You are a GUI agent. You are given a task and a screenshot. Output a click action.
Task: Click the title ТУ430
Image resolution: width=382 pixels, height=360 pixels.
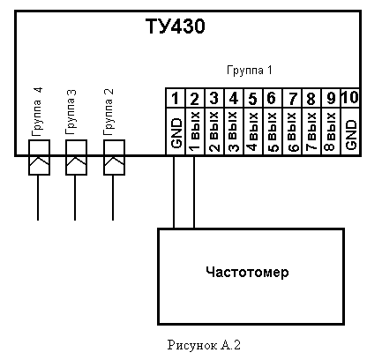(x=176, y=26)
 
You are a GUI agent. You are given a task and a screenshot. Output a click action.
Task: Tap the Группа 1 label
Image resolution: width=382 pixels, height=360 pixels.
(x=250, y=71)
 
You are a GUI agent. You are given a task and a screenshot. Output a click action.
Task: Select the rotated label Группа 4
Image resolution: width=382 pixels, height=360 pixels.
(x=37, y=112)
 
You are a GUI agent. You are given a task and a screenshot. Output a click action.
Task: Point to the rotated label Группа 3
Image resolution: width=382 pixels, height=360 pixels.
(x=71, y=112)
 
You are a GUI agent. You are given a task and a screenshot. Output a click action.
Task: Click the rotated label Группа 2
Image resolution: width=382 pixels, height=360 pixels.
(x=109, y=112)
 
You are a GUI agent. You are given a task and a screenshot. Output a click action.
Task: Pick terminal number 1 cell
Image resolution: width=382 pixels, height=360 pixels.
(x=176, y=98)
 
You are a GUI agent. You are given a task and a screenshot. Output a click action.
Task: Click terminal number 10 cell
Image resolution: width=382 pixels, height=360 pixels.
(x=350, y=98)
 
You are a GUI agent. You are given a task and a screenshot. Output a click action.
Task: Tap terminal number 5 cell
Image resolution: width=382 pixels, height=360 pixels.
(x=253, y=98)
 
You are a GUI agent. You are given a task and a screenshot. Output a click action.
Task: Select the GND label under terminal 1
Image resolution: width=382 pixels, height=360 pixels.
(x=176, y=133)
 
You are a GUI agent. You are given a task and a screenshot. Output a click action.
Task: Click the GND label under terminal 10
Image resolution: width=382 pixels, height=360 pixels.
(x=351, y=135)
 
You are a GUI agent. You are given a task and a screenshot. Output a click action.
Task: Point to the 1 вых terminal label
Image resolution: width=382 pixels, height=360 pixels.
(x=195, y=131)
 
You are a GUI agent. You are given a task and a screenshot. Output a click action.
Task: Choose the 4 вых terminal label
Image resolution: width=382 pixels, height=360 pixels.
(x=253, y=131)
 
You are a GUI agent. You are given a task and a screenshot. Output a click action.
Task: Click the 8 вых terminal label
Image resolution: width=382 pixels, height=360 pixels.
(x=331, y=131)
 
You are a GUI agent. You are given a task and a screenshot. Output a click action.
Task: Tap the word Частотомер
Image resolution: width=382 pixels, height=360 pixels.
(x=247, y=272)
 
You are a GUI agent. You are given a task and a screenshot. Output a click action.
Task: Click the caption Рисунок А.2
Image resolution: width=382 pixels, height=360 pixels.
(x=204, y=345)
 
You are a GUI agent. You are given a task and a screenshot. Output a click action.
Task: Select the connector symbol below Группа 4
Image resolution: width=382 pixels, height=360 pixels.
(x=39, y=157)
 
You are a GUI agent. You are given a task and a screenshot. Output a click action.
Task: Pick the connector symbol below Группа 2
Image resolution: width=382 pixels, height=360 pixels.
(x=114, y=157)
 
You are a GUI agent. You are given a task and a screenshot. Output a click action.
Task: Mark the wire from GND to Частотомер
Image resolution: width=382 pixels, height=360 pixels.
(x=174, y=192)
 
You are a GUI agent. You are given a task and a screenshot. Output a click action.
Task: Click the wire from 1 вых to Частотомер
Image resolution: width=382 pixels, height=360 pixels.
(x=194, y=192)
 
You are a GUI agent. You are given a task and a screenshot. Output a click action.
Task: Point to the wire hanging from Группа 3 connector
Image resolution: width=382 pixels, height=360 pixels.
(x=75, y=198)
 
